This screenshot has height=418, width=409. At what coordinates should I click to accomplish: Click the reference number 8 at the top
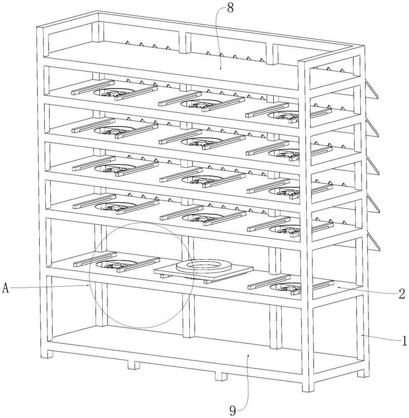[x=231, y=8]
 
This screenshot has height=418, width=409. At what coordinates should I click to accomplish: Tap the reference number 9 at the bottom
[x=233, y=411]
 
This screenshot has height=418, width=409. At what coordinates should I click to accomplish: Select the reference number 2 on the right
[x=402, y=294]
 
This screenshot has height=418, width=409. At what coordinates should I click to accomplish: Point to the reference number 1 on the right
[x=404, y=341]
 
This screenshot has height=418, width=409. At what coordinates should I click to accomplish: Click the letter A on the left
[x=6, y=288]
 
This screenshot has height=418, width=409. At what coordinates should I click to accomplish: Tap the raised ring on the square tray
[x=204, y=265]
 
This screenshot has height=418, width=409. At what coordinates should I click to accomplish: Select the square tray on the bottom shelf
[x=203, y=272]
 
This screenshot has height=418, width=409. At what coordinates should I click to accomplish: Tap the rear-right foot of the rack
[x=364, y=373]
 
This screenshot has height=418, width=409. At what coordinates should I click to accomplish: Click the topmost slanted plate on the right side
[x=372, y=90]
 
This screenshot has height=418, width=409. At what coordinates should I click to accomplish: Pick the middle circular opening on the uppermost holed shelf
[x=202, y=103]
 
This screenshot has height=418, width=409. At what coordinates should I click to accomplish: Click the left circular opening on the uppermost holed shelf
[x=114, y=92]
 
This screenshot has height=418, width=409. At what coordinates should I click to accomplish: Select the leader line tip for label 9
[x=248, y=355]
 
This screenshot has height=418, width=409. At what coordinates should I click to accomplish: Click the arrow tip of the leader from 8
[x=220, y=69]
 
